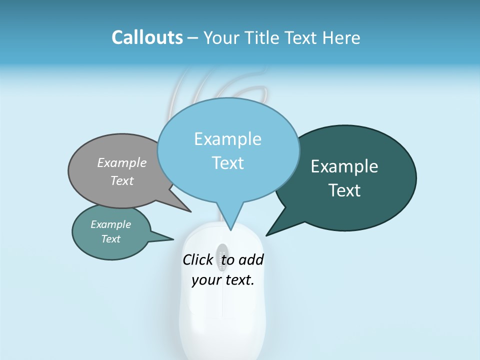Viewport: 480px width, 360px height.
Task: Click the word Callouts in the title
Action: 147,37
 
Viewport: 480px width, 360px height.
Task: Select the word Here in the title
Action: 341,37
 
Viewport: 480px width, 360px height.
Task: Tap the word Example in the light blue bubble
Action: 227,139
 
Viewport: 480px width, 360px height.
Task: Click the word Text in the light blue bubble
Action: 227,163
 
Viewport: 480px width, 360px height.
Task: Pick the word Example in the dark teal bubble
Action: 344,166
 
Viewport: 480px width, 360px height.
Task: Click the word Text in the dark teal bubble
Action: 344,190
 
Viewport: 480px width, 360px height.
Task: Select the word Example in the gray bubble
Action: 122,162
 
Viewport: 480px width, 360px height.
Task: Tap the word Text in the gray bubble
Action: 122,180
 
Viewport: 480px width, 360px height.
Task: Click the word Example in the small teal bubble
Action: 110,224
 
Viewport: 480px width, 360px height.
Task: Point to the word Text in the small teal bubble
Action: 110,239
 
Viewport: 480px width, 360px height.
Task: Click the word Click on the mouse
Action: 197,260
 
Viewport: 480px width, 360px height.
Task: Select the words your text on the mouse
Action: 223,280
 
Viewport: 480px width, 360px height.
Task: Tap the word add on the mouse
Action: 251,260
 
